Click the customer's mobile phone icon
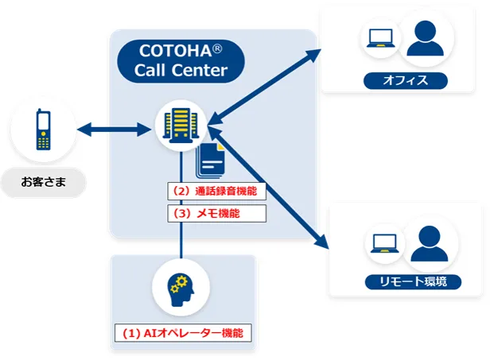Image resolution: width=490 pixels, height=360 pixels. tap(44, 130)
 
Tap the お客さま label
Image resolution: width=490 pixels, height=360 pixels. tap(43, 184)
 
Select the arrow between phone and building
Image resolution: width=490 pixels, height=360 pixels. tap(116, 127)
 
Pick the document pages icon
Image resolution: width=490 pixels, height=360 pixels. tap(212, 163)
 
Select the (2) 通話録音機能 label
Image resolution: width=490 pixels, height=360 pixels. tap(216, 192)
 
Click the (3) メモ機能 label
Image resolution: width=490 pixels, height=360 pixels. tap(216, 213)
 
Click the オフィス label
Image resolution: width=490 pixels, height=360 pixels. tap(406, 80)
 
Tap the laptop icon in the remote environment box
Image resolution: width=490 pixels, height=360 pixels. tap(381, 245)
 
